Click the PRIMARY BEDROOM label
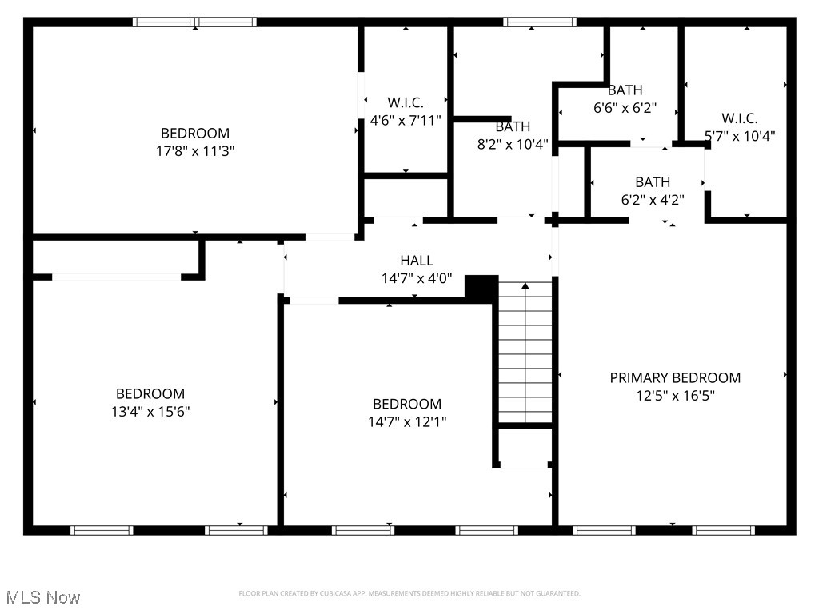coord(675,377)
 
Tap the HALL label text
coord(417,261)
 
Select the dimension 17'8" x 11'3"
coord(195,150)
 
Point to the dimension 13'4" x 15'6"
coord(150,411)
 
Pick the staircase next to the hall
coord(525,352)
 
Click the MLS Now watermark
coord(42,597)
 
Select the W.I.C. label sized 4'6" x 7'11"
coord(406,102)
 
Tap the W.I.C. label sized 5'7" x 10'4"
coord(740,118)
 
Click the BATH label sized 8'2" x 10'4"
coord(513,126)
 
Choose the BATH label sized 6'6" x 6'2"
coord(625,90)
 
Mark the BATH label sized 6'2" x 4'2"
coord(653,182)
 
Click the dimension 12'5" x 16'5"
coord(675,395)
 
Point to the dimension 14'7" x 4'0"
coord(417,278)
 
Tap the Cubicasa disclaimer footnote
coord(409,593)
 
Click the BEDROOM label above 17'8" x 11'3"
coord(195,134)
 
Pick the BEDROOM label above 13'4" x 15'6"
coord(150,393)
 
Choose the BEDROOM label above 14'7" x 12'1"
coord(406,404)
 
